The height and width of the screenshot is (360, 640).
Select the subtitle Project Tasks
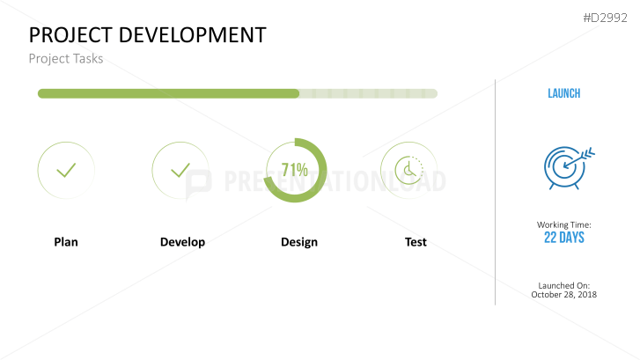pyautogui.click(x=66, y=59)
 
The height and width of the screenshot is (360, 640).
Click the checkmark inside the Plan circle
pyautogui.click(x=66, y=170)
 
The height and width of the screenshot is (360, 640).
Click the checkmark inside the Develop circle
pyautogui.click(x=180, y=170)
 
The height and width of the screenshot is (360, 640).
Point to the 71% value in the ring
pyautogui.click(x=295, y=169)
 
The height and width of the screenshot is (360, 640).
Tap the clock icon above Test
pyautogui.click(x=408, y=170)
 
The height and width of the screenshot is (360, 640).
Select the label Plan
pyautogui.click(x=66, y=242)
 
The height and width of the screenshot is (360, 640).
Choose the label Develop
pyautogui.click(x=182, y=242)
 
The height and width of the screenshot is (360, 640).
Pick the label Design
pyautogui.click(x=299, y=242)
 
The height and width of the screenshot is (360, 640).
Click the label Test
pyautogui.click(x=416, y=242)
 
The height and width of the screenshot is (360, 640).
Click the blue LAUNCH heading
pyautogui.click(x=563, y=93)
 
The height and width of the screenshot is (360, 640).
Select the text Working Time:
pyautogui.click(x=564, y=225)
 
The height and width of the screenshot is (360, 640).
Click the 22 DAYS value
pyautogui.click(x=564, y=238)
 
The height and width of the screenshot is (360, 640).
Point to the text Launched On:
pyautogui.click(x=564, y=285)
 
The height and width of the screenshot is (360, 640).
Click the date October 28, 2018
pyautogui.click(x=564, y=295)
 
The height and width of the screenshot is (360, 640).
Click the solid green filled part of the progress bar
pyautogui.click(x=167, y=93)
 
